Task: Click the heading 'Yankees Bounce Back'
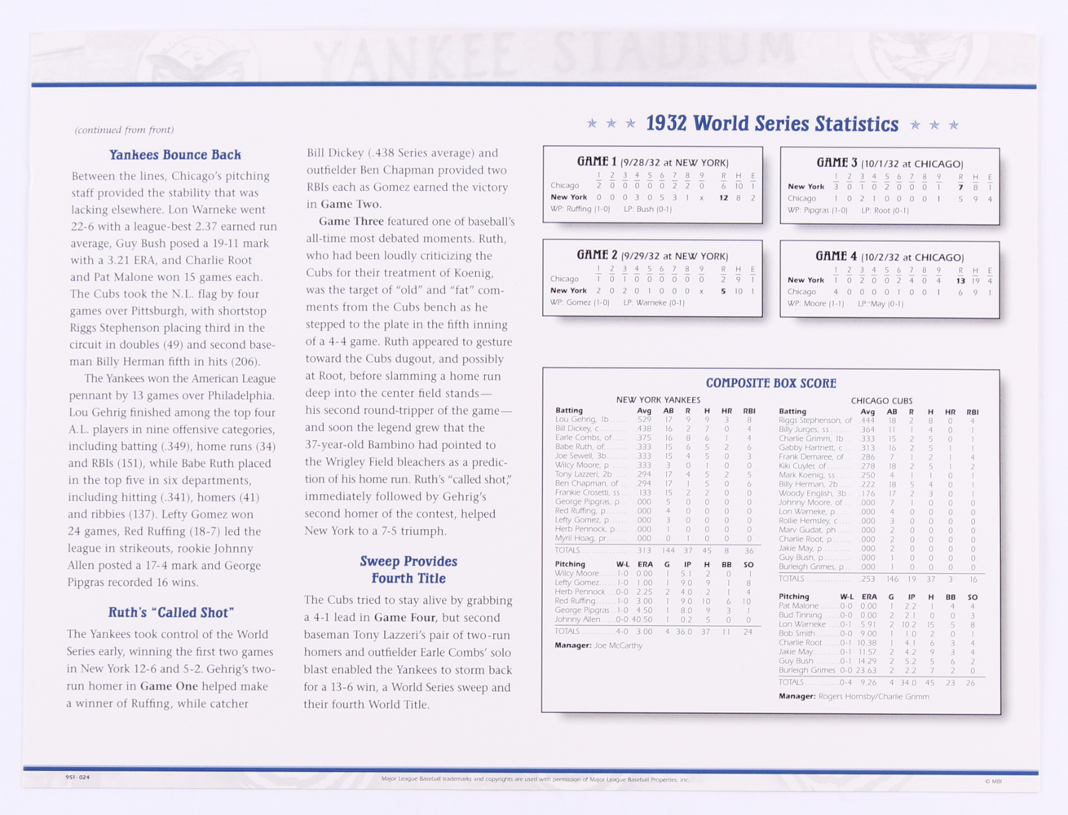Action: (x=175, y=155)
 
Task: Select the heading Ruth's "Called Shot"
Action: (x=171, y=613)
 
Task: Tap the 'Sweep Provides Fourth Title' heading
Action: (x=408, y=570)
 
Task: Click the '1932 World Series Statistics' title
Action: (x=772, y=124)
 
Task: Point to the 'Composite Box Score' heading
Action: (x=770, y=383)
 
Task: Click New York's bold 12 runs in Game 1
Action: (x=723, y=197)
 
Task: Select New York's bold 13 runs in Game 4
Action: (x=960, y=280)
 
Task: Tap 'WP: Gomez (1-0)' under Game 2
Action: (x=580, y=302)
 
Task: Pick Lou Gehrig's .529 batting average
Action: (x=644, y=420)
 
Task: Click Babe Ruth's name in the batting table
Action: (x=580, y=447)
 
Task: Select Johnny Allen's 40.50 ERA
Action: (x=642, y=619)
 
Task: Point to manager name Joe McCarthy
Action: (x=618, y=645)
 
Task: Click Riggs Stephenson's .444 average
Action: (x=867, y=421)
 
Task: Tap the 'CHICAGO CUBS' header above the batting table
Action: (x=881, y=401)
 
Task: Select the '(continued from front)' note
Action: (x=124, y=130)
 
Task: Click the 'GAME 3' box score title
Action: (x=837, y=163)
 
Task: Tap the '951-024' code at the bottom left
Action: (x=77, y=778)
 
